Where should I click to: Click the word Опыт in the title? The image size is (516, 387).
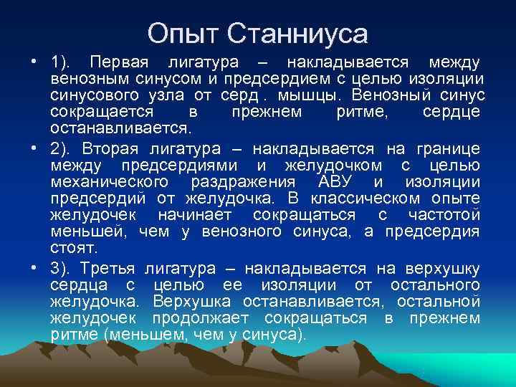(183, 33)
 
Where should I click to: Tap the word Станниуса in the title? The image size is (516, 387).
(298, 33)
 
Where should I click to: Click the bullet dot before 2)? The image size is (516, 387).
(35, 148)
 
